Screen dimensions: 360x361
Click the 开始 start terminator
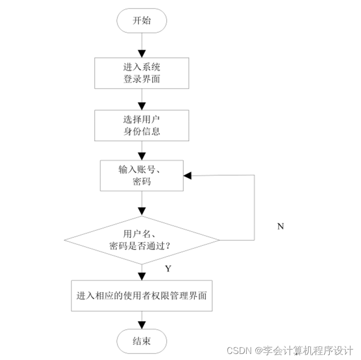point(141,21)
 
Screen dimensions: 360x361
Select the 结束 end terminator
point(141,341)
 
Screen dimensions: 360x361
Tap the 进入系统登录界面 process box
point(141,72)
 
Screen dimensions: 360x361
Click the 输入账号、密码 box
point(141,175)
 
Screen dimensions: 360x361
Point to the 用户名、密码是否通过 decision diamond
point(141,240)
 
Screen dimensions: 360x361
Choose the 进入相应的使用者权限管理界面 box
point(141,296)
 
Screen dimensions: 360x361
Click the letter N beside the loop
point(280,226)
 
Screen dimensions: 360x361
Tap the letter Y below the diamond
point(168,269)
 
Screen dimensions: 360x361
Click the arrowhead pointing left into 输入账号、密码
point(188,175)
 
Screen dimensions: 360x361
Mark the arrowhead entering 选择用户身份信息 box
point(142,106)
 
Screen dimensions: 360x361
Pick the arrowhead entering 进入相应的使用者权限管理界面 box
point(142,276)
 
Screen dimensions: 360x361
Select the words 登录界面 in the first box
point(141,79)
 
